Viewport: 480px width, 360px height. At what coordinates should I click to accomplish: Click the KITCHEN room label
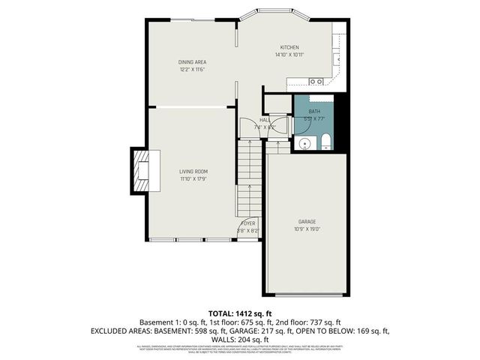pos(290,47)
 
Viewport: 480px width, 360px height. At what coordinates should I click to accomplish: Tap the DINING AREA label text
pos(192,61)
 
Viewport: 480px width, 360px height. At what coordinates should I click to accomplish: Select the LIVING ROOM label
pos(193,171)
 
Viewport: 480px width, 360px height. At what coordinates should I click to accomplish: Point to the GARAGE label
pos(306,221)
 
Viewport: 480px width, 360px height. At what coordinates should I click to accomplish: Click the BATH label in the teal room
pos(313,111)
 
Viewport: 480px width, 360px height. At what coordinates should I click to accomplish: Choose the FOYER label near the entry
pos(247,223)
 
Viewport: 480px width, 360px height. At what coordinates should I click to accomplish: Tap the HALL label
pos(265,119)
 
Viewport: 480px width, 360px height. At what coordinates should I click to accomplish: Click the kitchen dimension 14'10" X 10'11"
pos(289,55)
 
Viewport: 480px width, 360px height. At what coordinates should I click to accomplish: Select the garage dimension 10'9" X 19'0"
pos(306,229)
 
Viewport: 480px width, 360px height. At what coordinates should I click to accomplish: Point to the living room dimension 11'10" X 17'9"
pos(193,178)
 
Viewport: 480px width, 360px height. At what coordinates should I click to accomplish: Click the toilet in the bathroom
pos(325,142)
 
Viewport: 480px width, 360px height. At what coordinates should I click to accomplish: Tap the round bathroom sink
pos(305,143)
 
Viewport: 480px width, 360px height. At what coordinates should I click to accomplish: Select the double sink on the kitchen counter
pos(316,81)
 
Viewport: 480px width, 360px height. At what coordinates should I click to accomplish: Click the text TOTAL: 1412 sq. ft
pos(240,313)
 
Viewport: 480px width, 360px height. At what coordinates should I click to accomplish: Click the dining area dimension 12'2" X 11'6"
pos(192,69)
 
